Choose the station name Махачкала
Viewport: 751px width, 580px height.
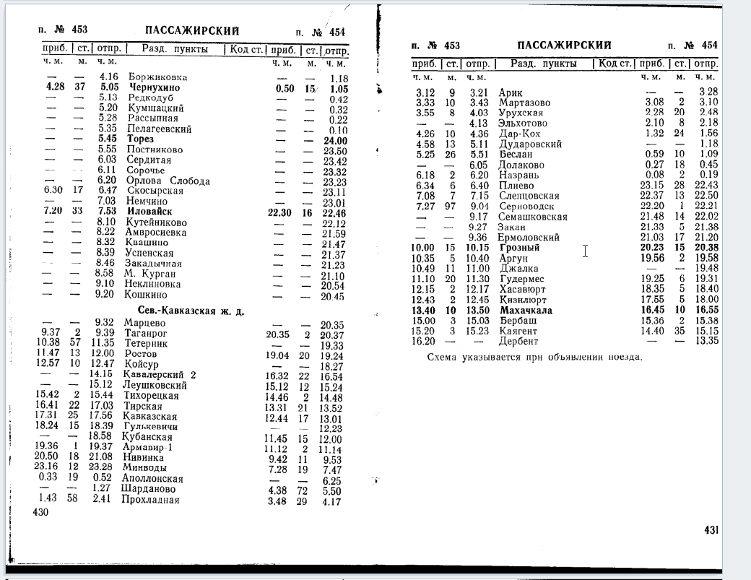(x=525, y=311)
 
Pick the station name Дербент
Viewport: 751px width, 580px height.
(x=517, y=341)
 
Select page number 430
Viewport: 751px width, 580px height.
(x=40, y=511)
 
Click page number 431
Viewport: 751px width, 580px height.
(x=711, y=531)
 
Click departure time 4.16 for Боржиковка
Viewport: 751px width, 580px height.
(x=108, y=77)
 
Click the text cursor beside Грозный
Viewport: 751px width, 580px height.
(x=586, y=250)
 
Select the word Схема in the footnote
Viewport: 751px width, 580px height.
(x=442, y=357)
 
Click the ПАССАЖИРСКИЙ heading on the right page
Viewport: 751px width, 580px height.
(x=564, y=45)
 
